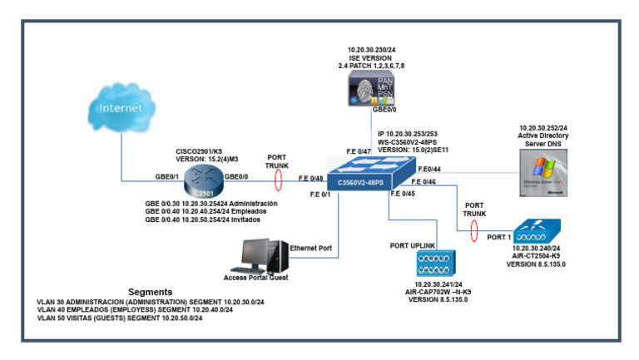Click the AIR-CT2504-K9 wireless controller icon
(537, 230)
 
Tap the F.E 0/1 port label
(321, 195)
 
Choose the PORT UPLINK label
(416, 245)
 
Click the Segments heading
(151, 292)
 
